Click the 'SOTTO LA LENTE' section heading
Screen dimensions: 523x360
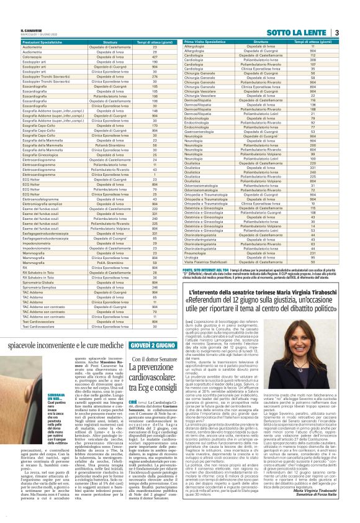pos(298,32)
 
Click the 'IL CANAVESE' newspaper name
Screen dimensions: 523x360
pos(30,28)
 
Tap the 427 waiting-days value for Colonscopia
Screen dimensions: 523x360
pos(155,57)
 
